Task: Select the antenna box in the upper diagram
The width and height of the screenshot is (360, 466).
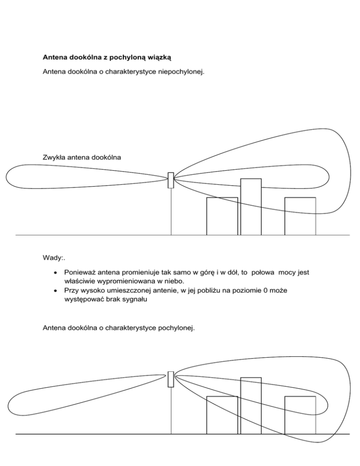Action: [x=171, y=180]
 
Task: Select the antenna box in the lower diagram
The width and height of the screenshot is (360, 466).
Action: [x=171, y=379]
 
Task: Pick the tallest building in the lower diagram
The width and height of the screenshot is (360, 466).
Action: [x=251, y=406]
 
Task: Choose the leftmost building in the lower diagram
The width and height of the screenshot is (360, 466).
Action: [x=222, y=415]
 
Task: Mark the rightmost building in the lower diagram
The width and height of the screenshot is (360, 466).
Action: [x=300, y=415]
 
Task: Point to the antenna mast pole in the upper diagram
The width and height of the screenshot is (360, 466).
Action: [x=171, y=211]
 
